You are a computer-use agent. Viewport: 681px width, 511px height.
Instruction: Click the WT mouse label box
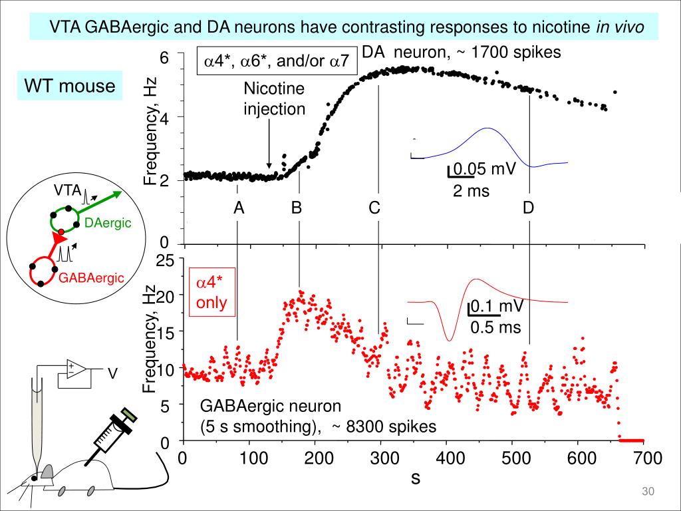(70, 86)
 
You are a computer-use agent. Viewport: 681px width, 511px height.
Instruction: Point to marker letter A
(239, 208)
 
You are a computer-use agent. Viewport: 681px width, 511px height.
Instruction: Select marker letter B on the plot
(297, 208)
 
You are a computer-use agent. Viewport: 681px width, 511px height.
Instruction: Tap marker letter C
(375, 208)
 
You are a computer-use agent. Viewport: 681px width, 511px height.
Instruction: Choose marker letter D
(528, 208)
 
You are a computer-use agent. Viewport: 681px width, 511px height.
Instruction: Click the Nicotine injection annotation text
(273, 98)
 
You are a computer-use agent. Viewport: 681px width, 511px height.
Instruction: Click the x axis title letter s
(415, 477)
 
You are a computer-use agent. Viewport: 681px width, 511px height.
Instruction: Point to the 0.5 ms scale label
(495, 327)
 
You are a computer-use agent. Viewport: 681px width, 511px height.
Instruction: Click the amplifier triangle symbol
(74, 368)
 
